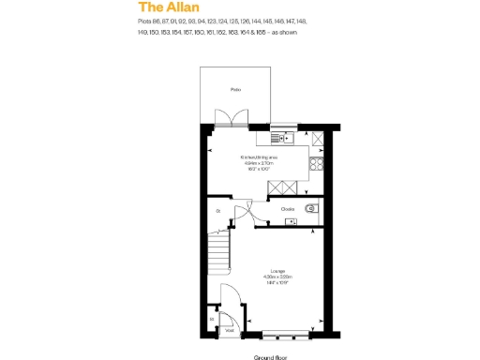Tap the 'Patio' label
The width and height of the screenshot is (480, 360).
(x=236, y=89)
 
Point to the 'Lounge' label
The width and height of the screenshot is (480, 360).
(x=278, y=271)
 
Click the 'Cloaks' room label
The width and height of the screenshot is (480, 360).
(x=288, y=209)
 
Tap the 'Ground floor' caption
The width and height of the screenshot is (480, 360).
(x=270, y=357)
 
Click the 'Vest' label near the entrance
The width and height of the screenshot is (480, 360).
(x=229, y=329)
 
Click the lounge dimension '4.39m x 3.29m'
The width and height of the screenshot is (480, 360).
(x=278, y=277)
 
